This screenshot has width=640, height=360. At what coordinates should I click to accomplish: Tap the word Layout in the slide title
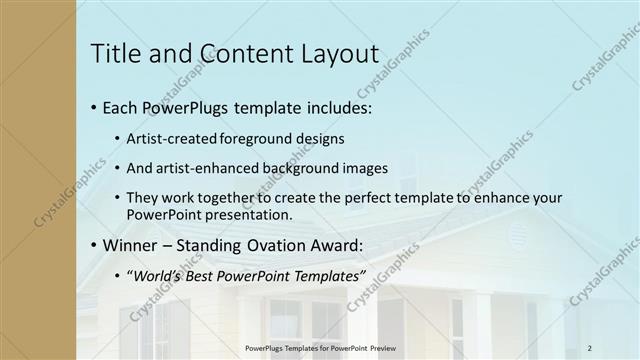336,54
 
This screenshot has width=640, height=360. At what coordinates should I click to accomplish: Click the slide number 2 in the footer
589,347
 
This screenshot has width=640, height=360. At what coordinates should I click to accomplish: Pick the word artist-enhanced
202,168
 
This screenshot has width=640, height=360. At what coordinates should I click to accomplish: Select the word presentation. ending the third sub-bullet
250,214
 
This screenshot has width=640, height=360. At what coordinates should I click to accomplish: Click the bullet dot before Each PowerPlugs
93,107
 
